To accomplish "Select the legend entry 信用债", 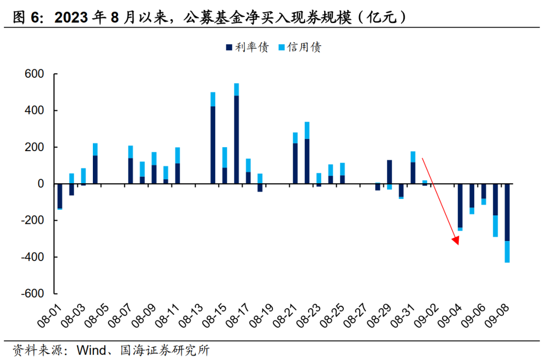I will click(300, 47).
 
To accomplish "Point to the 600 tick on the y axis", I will click(35, 74).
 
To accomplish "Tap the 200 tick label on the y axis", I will click(35, 148).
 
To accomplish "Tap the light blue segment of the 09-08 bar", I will click(507, 252).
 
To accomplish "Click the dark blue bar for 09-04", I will click(460, 205).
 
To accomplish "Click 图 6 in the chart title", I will click(25, 19).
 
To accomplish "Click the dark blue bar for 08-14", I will click(213, 145).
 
